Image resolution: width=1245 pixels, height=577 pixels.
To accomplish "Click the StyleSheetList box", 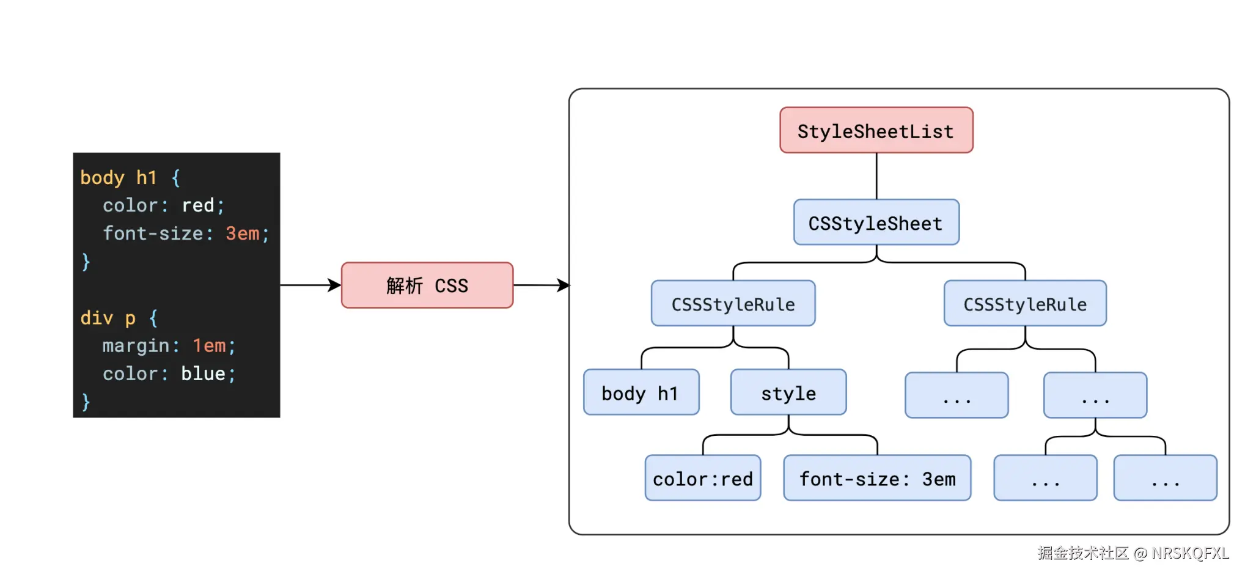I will click(876, 130).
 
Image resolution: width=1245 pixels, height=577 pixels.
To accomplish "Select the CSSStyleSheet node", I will click(876, 222).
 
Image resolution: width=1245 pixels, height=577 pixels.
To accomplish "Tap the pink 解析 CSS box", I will click(427, 285).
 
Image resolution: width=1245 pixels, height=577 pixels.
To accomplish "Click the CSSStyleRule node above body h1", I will click(733, 304).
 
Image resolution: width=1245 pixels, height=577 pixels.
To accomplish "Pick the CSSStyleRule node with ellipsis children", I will click(1024, 304).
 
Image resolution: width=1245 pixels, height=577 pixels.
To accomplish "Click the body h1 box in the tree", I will click(641, 392).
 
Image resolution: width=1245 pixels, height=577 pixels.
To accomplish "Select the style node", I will click(788, 392).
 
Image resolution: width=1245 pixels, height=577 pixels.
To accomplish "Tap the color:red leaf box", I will click(702, 478).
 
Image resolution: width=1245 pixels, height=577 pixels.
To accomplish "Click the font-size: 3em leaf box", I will click(876, 478).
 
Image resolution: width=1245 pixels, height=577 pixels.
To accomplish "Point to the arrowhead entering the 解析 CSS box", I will click(335, 285).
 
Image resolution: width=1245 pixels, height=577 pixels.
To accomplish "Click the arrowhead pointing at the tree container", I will click(564, 285).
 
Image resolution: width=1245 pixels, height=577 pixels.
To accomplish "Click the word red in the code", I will click(197, 205).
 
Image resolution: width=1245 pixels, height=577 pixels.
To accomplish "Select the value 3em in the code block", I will click(243, 233).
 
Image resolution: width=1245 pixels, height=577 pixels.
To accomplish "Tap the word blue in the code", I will click(203, 373).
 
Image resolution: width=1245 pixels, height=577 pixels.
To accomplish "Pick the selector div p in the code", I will click(108, 318).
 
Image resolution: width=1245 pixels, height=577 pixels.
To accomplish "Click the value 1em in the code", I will click(209, 346).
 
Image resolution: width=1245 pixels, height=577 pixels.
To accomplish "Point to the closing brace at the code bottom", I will click(86, 402).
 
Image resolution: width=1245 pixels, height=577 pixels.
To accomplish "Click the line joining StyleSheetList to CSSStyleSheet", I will click(876, 176).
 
